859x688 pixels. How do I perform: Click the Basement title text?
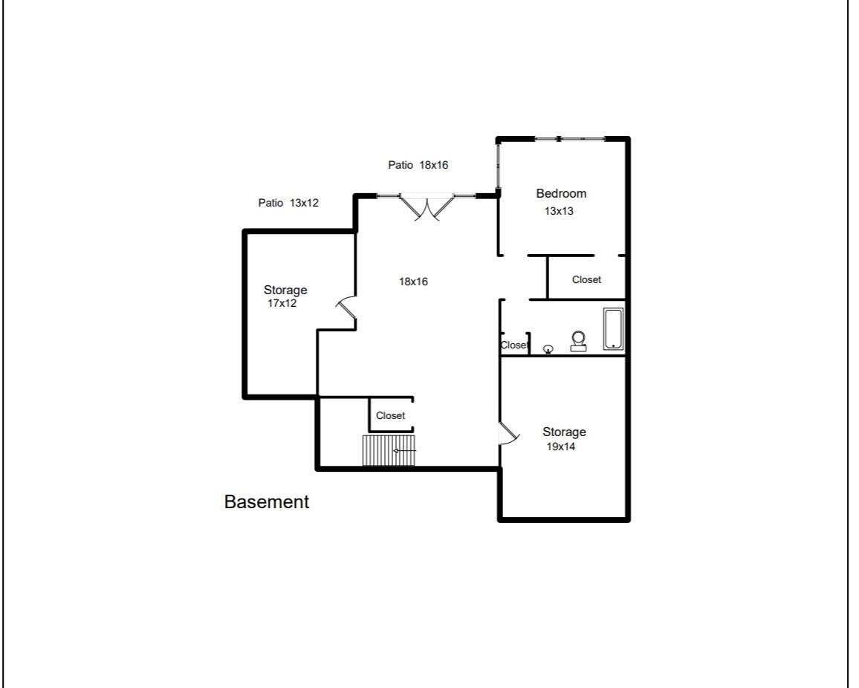(x=266, y=502)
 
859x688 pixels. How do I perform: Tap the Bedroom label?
(x=561, y=193)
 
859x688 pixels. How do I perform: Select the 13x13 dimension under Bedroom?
(x=559, y=211)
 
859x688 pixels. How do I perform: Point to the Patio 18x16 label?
(x=418, y=165)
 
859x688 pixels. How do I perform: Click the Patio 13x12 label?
(x=288, y=202)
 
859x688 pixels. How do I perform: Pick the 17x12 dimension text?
(x=282, y=303)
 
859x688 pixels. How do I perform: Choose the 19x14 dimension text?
(x=561, y=447)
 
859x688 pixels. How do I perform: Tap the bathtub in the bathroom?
(x=613, y=329)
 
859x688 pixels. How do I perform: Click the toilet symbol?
(x=578, y=341)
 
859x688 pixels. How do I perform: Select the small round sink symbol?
(x=548, y=348)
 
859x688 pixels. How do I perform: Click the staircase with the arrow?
(x=389, y=450)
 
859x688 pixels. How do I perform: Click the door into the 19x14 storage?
(x=508, y=434)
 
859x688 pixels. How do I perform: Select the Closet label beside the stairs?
(x=390, y=415)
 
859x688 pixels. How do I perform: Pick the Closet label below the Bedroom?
(x=586, y=279)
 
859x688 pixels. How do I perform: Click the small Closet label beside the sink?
(x=514, y=345)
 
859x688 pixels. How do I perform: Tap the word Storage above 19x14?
(x=564, y=432)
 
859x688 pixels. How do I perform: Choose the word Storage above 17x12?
(x=285, y=290)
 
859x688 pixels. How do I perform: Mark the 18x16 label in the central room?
(x=413, y=282)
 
